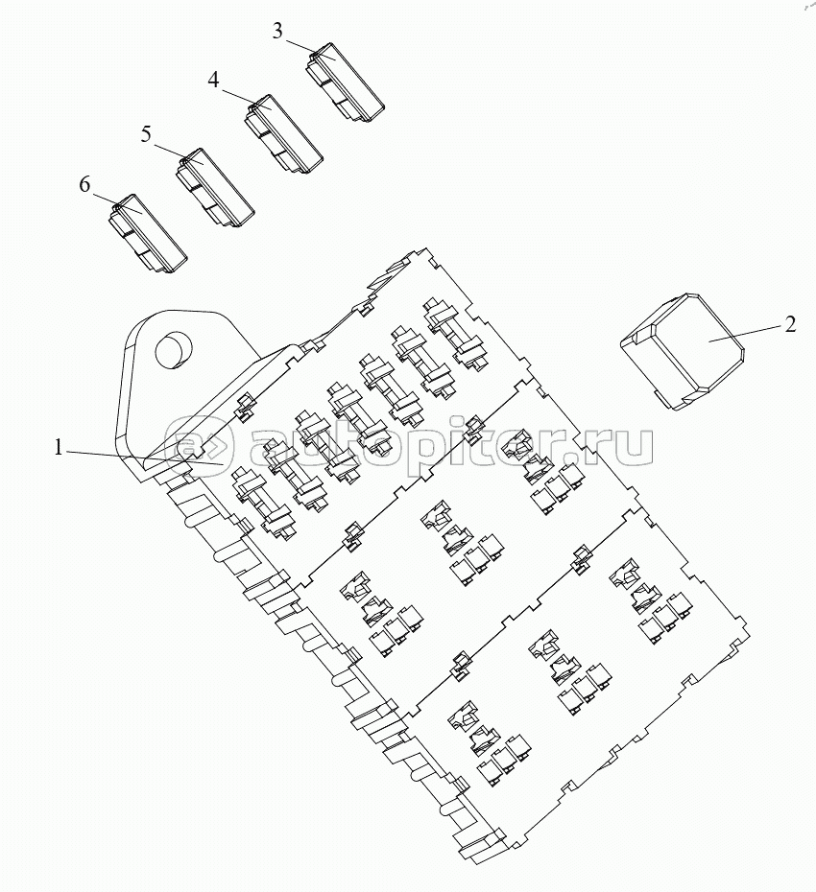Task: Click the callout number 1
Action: (x=58, y=447)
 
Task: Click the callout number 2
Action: (x=790, y=325)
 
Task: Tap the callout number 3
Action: (x=277, y=32)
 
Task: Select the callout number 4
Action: (x=213, y=81)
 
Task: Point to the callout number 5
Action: (x=146, y=135)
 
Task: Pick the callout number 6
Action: (x=84, y=184)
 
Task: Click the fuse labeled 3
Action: (x=345, y=82)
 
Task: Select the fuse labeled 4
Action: (x=283, y=133)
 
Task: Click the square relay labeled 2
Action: (x=683, y=351)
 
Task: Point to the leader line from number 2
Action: (x=745, y=333)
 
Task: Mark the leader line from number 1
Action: (x=145, y=458)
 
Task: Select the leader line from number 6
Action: (x=116, y=203)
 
